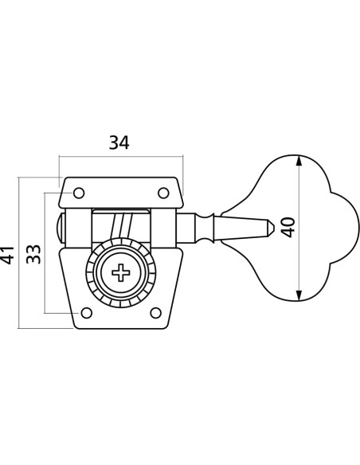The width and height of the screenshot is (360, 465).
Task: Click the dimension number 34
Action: [x=119, y=143]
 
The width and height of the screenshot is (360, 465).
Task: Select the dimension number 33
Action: [x=33, y=254]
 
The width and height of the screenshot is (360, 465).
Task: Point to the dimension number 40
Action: [x=288, y=228]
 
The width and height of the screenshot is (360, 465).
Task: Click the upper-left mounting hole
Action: [x=79, y=193]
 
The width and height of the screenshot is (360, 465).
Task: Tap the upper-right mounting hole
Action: [x=163, y=193]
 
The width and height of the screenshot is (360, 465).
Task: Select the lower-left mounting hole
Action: [x=86, y=313]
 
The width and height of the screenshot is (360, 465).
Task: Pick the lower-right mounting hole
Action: [x=156, y=313]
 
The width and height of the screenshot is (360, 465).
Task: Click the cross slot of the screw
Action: [x=121, y=272]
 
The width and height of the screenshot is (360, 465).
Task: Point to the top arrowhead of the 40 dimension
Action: [x=299, y=161]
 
